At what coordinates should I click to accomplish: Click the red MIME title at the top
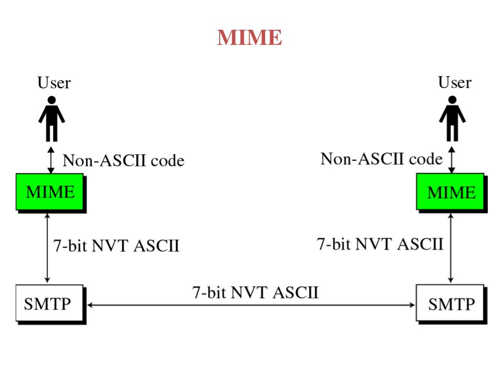[250, 37]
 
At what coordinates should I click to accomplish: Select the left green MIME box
[50, 191]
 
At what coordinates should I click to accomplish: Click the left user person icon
[52, 119]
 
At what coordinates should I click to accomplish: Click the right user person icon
[452, 119]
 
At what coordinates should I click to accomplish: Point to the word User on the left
[54, 83]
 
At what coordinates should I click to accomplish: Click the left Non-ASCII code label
[124, 160]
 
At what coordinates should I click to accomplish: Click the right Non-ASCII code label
[381, 159]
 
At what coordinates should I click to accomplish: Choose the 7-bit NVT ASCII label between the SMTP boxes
[255, 292]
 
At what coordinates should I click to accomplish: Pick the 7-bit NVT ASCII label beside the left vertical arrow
[116, 246]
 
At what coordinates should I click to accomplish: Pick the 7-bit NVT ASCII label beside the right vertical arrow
[380, 244]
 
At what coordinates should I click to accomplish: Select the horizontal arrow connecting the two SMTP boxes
[251, 305]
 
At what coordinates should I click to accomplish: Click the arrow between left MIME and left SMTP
[47, 248]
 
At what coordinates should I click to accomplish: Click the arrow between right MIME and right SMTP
[451, 248]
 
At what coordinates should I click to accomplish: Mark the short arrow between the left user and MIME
[51, 160]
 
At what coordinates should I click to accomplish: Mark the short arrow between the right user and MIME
[452, 160]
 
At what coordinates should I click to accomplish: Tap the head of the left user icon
[52, 100]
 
